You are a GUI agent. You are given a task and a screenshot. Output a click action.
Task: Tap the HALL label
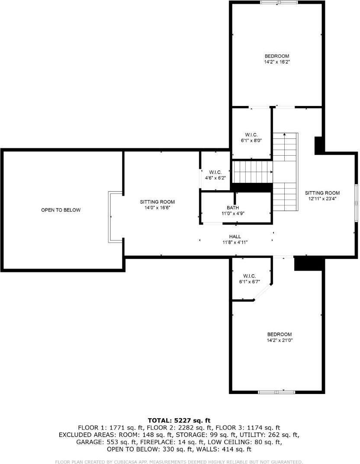point(235,237)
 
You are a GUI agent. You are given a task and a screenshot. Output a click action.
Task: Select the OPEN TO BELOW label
point(61,210)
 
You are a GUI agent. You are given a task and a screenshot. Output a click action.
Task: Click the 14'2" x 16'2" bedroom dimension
point(277,62)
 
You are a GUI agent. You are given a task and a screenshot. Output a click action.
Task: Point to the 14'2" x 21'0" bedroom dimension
point(279,340)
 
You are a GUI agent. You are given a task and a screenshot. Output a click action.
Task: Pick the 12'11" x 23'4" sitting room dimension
point(322,199)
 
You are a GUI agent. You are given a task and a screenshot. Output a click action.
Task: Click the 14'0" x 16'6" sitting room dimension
point(157,208)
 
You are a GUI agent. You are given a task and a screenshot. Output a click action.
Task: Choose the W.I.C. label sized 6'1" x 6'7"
point(250,276)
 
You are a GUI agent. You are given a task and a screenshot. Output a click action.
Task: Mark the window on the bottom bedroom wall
point(276,392)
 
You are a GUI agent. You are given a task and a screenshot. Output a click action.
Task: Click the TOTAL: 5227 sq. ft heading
point(179,420)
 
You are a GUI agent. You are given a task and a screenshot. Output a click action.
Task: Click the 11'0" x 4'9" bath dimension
point(235,214)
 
